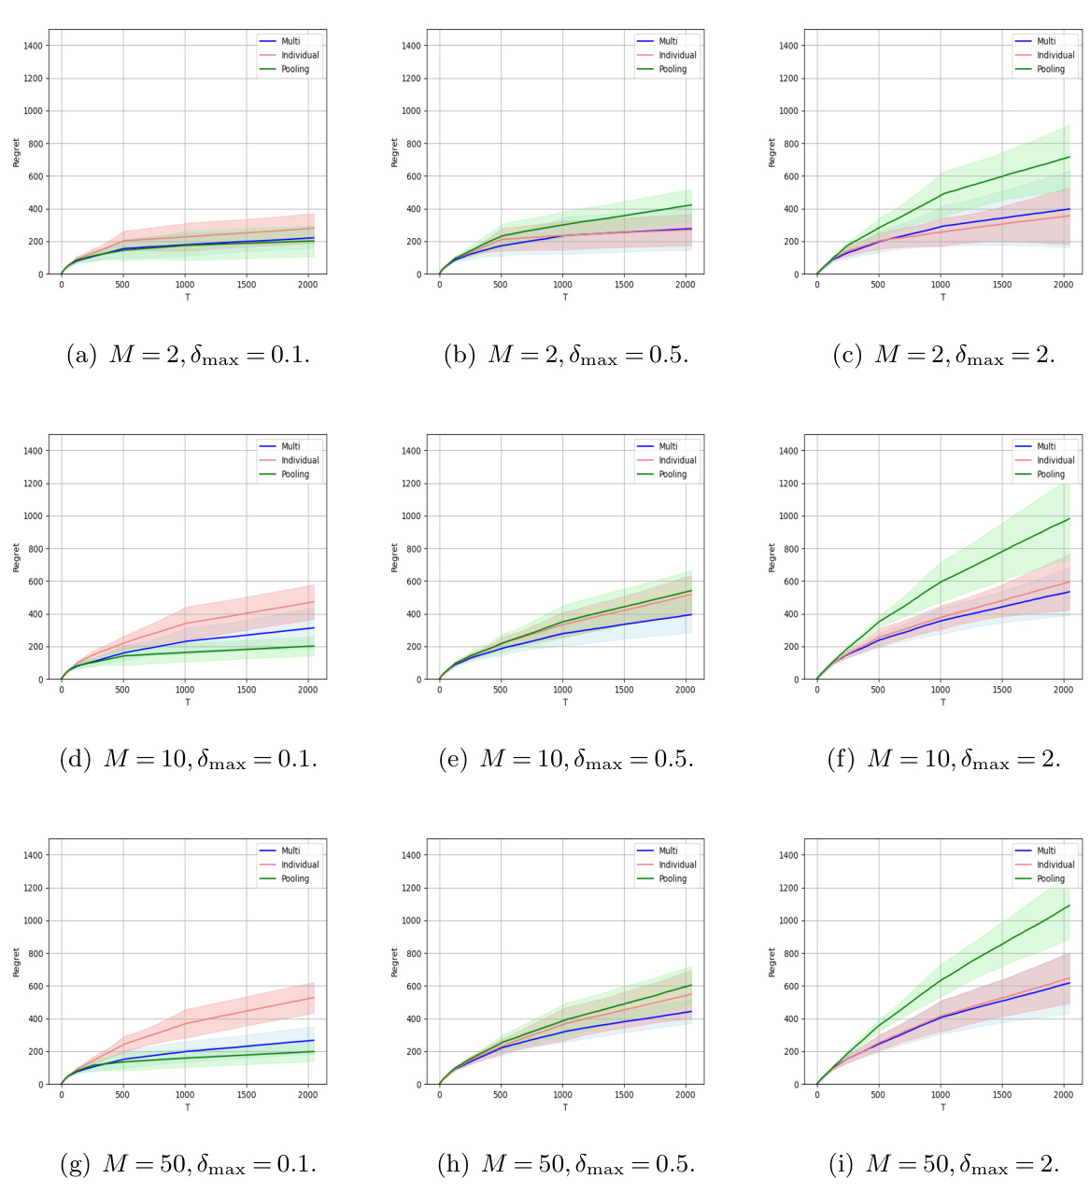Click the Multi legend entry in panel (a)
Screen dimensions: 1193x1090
click(290, 41)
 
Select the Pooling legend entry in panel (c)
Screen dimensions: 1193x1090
click(1051, 69)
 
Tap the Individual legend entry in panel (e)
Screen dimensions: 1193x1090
click(677, 460)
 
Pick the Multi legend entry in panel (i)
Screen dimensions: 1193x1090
click(1046, 850)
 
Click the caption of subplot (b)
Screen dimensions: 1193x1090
click(565, 356)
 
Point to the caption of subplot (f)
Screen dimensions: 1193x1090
click(943, 760)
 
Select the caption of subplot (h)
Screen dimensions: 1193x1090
click(565, 1164)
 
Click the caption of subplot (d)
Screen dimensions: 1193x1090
click(188, 760)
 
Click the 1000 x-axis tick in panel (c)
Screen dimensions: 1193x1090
click(941, 285)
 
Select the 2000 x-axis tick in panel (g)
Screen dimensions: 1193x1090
click(307, 1095)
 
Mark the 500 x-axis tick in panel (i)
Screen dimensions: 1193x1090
click(878, 1095)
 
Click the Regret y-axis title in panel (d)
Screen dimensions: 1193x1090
click(16, 557)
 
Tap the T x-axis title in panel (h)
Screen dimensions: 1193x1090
click(565, 1107)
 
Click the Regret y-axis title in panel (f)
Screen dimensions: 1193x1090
click(771, 557)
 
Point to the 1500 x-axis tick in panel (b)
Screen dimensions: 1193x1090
click(624, 285)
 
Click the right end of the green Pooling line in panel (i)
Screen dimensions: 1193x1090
click(1069, 905)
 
